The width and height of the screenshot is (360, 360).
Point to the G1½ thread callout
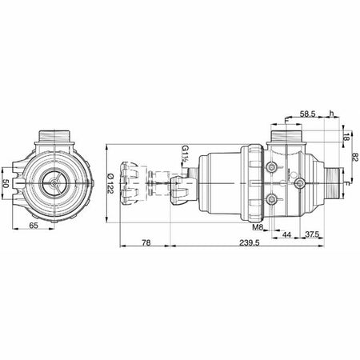point(184,153)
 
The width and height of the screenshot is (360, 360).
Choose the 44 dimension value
point(286,234)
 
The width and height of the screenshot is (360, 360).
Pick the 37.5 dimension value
point(313,234)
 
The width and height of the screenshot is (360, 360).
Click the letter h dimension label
point(332,114)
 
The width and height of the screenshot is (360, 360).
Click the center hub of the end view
point(54,182)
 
